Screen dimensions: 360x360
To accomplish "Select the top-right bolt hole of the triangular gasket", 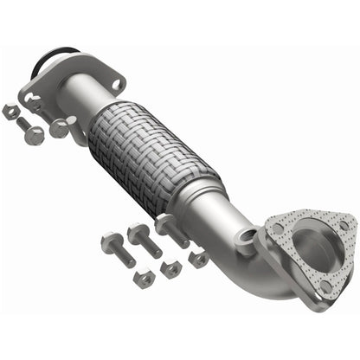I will (x=345, y=226).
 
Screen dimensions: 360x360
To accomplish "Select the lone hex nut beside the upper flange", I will (x=11, y=111).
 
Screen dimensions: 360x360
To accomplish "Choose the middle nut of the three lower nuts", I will (x=171, y=270).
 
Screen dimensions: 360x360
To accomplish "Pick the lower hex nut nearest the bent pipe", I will (x=199, y=258).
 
